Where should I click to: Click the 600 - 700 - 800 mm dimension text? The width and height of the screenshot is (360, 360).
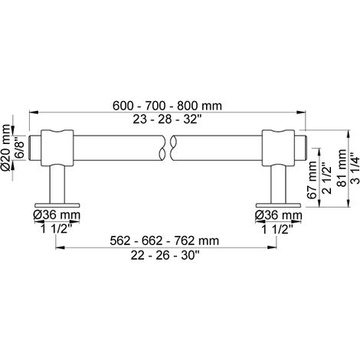167,106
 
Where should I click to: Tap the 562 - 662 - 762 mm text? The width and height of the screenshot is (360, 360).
165,241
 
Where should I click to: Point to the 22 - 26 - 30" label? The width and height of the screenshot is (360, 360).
165,255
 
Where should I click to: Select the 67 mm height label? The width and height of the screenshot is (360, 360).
312,180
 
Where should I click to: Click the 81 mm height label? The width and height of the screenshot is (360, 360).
342,168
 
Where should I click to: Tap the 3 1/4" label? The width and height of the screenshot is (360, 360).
355,168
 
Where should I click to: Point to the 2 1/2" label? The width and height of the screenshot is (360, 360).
326,178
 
